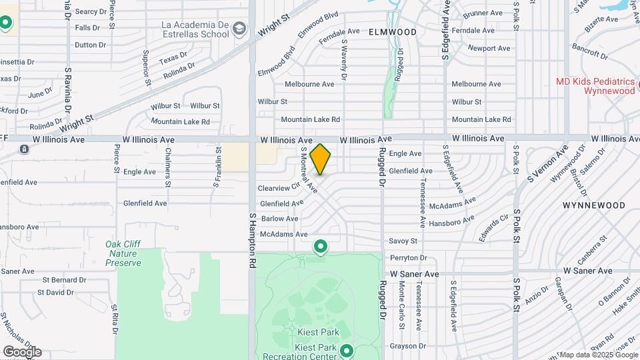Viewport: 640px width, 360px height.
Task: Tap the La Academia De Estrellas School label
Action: point(195,30)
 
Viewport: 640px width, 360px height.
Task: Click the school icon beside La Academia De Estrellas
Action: point(240,29)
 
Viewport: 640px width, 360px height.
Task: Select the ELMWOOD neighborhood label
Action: point(392,32)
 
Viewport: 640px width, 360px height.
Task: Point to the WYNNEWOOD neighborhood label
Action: point(594,205)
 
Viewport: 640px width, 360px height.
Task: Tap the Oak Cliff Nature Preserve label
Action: point(123,253)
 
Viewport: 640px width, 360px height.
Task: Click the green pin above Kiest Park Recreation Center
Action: point(346,350)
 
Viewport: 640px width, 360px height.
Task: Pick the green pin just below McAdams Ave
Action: point(321,247)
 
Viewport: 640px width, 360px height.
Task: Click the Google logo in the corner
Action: point(22,352)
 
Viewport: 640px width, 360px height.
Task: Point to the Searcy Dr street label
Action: point(91,11)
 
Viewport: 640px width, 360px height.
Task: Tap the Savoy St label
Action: point(403,241)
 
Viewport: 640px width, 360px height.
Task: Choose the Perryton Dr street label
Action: point(409,257)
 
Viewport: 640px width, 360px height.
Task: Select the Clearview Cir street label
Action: point(277,188)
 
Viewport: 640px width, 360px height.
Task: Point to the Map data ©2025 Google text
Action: point(599,355)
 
